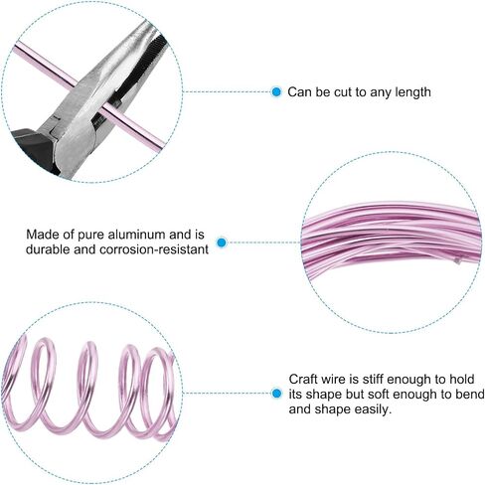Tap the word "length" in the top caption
413,92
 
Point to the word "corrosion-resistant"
154,249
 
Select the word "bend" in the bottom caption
471,395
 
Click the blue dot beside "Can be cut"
276,91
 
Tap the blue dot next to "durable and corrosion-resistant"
222,242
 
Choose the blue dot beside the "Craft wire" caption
276,394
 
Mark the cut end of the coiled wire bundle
458,260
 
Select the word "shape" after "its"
324,395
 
